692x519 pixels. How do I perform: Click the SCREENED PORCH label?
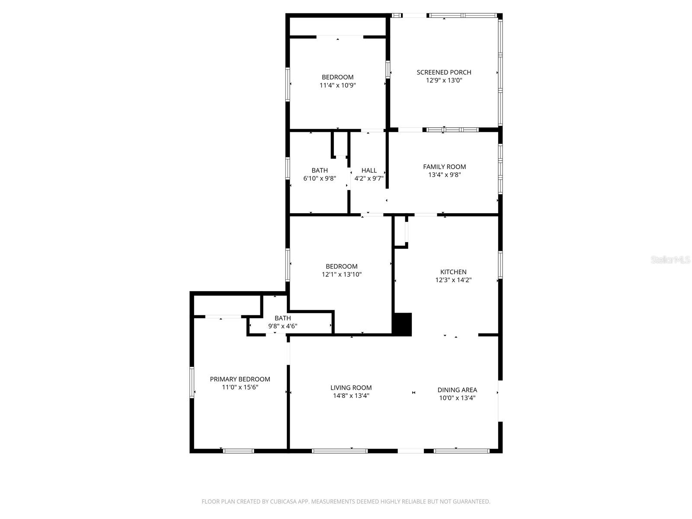(x=444, y=72)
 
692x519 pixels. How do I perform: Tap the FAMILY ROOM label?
(x=444, y=167)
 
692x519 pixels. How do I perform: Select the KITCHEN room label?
(x=453, y=272)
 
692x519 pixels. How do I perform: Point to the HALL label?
(x=369, y=170)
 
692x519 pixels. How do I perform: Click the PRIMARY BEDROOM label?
(x=240, y=379)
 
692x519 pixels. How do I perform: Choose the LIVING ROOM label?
(x=351, y=388)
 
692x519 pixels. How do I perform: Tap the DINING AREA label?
(x=457, y=390)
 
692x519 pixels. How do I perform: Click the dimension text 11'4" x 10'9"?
(x=337, y=86)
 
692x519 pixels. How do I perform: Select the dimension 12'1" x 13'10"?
(x=341, y=274)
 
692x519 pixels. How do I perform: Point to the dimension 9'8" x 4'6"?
(x=282, y=326)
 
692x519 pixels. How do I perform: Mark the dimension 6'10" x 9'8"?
(x=320, y=178)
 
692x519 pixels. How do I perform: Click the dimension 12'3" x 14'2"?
(x=453, y=280)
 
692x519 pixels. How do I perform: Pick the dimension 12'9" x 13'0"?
(x=444, y=80)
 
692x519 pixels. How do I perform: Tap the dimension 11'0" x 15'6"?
(x=240, y=387)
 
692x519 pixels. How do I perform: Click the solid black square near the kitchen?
(x=402, y=324)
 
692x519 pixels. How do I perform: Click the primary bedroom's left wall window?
(x=192, y=382)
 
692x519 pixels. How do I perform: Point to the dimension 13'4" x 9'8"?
(x=444, y=175)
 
